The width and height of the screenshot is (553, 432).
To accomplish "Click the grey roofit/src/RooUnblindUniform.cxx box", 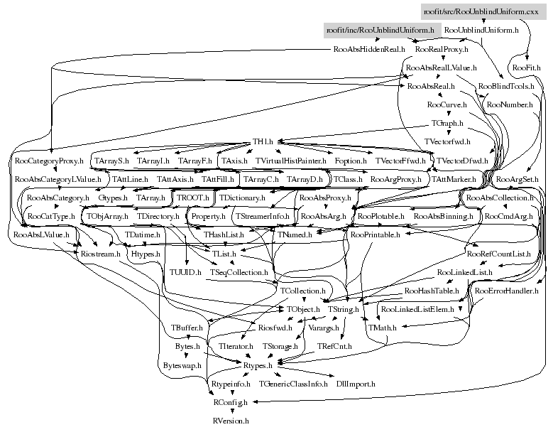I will coord(481,11).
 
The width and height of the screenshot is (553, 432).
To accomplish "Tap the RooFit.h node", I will coord(527,67).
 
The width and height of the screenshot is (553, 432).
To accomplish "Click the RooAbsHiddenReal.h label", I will coord(369,50).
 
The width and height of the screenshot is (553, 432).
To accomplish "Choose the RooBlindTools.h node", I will coord(506,86).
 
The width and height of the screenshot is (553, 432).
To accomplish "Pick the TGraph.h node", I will coord(447,123).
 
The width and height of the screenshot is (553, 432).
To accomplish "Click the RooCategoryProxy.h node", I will coord(49,161).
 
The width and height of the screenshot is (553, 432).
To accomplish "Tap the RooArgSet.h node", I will coord(518,179).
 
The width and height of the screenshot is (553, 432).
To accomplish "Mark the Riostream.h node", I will coord(101,252).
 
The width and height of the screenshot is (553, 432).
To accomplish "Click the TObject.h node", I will coord(303,309).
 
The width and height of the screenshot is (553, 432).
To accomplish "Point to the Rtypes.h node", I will coord(258,364).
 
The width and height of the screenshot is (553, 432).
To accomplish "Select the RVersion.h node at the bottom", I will coord(231,421).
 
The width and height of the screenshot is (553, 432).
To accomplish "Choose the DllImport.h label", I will coord(356,384).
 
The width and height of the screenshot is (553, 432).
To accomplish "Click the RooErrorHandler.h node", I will coord(507,291).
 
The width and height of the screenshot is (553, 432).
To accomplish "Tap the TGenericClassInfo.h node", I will coord(293,384).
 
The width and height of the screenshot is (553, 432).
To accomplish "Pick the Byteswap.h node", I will coord(182,364).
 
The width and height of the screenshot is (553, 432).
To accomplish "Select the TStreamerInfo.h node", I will coord(263,215).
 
